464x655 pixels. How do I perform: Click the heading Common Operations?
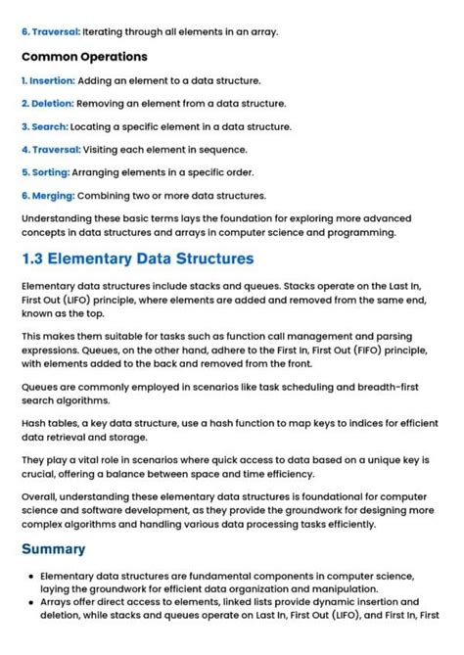pyautogui.click(x=84, y=57)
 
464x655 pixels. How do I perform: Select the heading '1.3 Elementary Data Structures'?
pyautogui.click(x=137, y=259)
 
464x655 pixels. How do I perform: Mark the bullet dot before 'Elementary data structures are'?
pyautogui.click(x=28, y=577)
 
